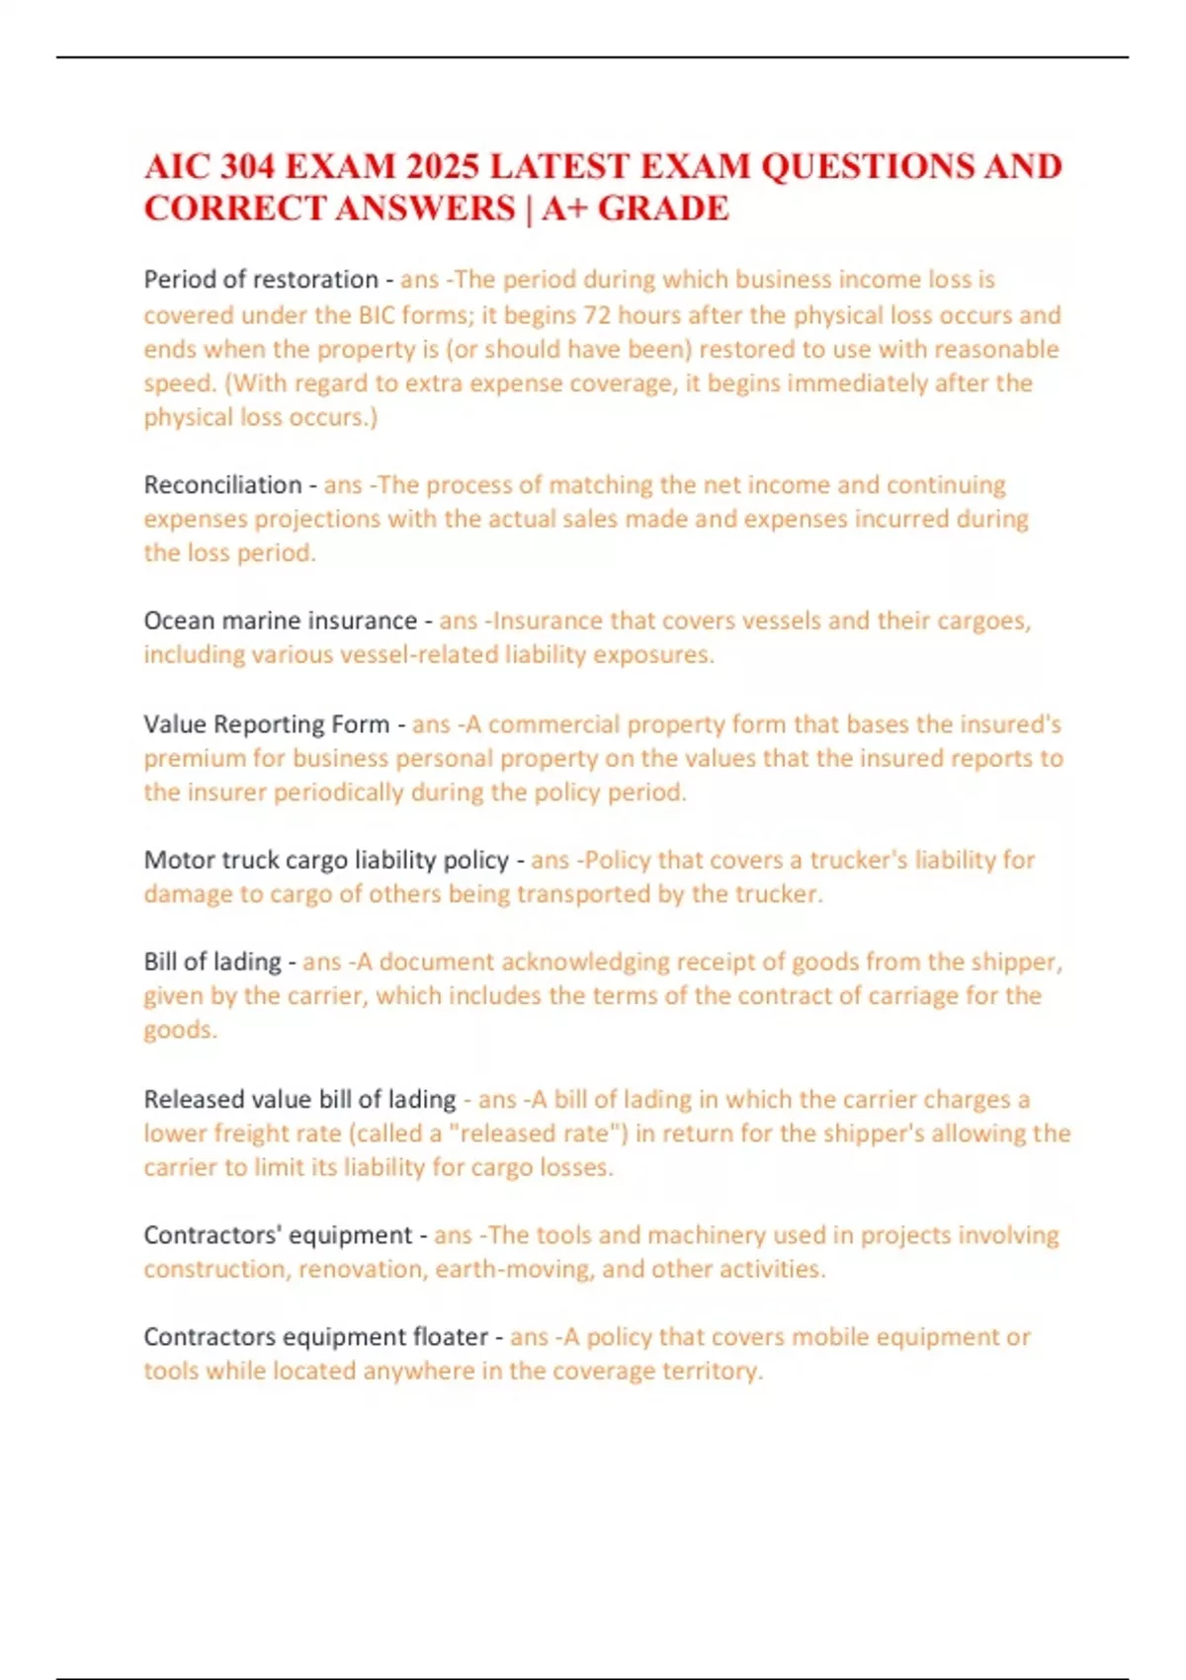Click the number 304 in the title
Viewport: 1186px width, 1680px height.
pos(247,166)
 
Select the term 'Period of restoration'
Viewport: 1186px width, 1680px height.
pos(261,280)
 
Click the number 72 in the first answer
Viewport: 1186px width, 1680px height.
pos(598,315)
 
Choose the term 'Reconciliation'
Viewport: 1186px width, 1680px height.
pos(222,485)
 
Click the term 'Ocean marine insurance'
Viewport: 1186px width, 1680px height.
pos(280,621)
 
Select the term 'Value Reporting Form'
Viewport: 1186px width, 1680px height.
pos(266,724)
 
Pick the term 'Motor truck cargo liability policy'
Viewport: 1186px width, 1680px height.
pos(326,860)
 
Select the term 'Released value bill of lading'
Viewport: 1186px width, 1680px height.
pos(299,1099)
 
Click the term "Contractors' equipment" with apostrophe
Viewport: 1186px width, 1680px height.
pos(278,1235)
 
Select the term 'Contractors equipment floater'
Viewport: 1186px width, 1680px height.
pos(315,1337)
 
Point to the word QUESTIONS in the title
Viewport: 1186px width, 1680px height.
pos(866,166)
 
